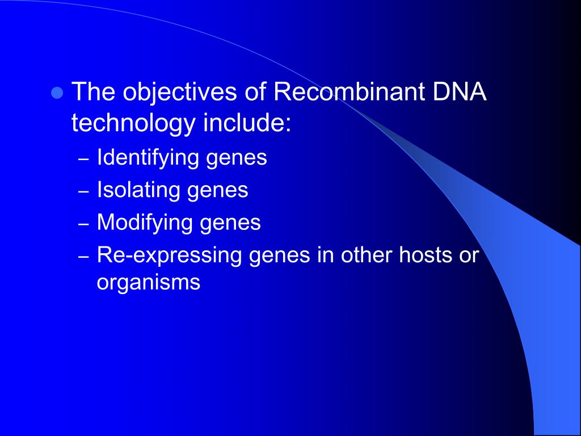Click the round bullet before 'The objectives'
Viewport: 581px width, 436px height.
pos(56,93)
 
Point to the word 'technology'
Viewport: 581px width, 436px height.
pos(133,124)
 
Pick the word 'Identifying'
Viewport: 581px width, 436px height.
pos(148,158)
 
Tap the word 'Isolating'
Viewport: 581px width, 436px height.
pos(138,190)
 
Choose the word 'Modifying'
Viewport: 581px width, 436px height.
pos(145,223)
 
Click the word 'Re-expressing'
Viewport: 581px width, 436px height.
pos(170,255)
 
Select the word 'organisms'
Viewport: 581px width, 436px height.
pos(149,282)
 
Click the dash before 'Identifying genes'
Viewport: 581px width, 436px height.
pos(83,160)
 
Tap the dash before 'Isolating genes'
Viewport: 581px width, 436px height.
pos(83,192)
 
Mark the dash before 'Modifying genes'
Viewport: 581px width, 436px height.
pos(83,224)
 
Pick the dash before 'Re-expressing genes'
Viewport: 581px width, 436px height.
pos(83,257)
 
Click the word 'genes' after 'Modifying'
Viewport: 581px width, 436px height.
pos(230,224)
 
